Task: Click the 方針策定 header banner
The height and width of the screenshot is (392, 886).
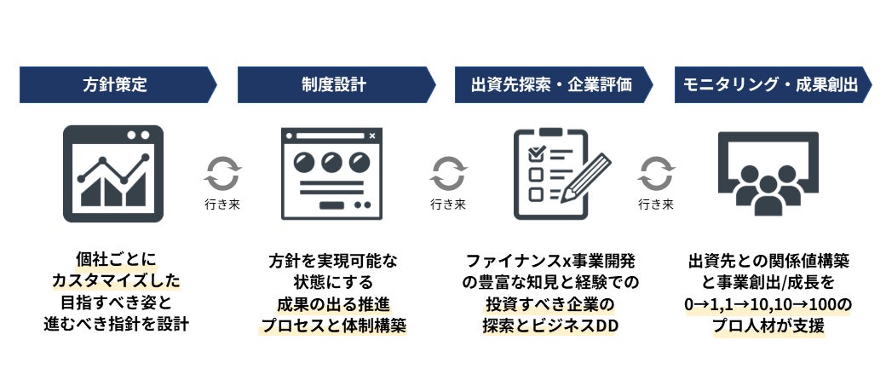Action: coord(115,85)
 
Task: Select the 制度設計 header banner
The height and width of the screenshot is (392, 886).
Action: coord(333,85)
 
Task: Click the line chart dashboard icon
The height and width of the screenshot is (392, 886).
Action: coord(113,173)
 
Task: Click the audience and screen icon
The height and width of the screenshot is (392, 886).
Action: coord(768,173)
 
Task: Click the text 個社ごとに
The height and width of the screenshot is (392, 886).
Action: coord(116,258)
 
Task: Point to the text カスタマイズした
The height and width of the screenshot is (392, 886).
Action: coord(116,280)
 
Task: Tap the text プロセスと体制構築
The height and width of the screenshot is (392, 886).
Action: coord(333,325)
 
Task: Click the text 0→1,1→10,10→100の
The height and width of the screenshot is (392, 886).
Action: coord(768,303)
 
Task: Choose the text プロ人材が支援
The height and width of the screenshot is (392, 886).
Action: coord(768,325)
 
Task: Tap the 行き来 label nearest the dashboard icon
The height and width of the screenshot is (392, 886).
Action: coord(223,205)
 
